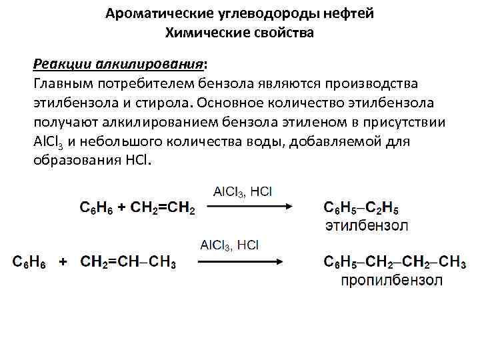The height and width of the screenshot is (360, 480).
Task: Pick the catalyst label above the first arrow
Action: [242, 191]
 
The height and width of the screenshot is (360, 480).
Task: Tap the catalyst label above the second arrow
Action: [229, 245]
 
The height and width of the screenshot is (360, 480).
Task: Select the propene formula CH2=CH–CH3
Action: [129, 263]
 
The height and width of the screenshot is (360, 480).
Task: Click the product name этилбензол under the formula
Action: [367, 225]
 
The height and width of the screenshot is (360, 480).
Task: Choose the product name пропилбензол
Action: [391, 280]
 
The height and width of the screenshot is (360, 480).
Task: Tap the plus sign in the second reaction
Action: [63, 263]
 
